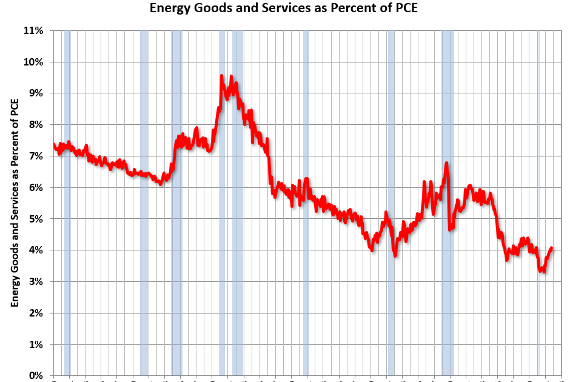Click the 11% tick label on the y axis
33,30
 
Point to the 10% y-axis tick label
33,62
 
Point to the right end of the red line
551,247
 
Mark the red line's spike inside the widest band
446,163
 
